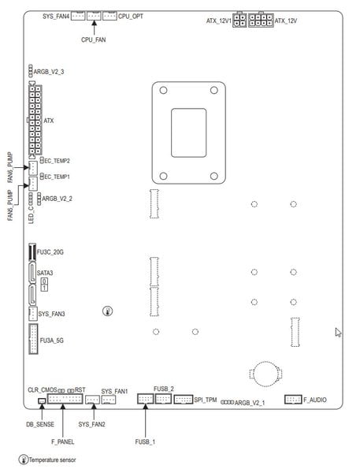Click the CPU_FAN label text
click(94, 39)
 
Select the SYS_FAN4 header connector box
click(78, 16)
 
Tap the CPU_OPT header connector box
click(109, 16)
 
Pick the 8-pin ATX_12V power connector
click(261, 20)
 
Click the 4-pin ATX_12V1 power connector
click(239, 20)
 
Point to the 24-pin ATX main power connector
click(35, 120)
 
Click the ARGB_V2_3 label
click(49, 72)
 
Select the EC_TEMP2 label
click(57, 161)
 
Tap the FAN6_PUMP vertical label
click(10, 167)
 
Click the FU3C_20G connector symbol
click(32, 252)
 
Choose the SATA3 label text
click(45, 273)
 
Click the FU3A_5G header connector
click(33, 339)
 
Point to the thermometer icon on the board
click(108, 311)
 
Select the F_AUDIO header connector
click(293, 400)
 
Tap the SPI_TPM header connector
click(184, 400)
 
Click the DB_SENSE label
click(40, 424)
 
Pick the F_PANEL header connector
click(65, 399)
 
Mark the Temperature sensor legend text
click(53, 460)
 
